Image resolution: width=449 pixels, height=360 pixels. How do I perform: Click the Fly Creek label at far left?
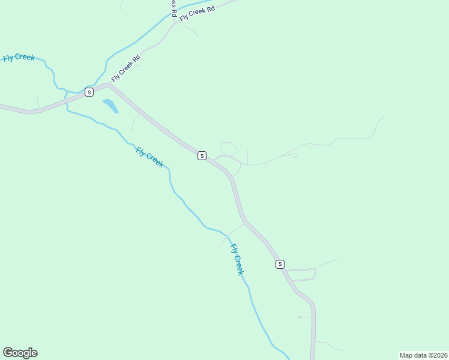pyautogui.click(x=19, y=58)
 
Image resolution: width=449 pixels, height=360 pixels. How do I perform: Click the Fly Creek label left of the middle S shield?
pyautogui.click(x=149, y=157)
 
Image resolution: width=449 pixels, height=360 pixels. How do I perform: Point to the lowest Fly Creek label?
pyautogui.click(x=238, y=259)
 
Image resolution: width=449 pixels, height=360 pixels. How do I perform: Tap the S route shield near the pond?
pyautogui.click(x=89, y=92)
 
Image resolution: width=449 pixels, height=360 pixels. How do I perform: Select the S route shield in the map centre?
pyautogui.click(x=202, y=155)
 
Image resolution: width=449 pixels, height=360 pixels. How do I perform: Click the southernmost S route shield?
pyautogui.click(x=280, y=264)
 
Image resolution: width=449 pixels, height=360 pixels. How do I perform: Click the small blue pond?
pyautogui.click(x=110, y=106)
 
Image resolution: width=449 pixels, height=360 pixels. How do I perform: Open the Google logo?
pyautogui.click(x=20, y=353)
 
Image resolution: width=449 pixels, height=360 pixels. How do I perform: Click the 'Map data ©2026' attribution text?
pyautogui.click(x=423, y=355)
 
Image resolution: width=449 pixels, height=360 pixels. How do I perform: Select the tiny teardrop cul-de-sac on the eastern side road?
pyautogui.click(x=294, y=156)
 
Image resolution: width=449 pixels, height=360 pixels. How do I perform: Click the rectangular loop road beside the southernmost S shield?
pyautogui.click(x=302, y=274)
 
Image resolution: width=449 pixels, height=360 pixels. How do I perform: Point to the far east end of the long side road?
pyautogui.click(x=383, y=117)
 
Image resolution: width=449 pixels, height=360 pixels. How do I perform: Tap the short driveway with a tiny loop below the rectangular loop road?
pyautogui.click(x=304, y=317)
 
